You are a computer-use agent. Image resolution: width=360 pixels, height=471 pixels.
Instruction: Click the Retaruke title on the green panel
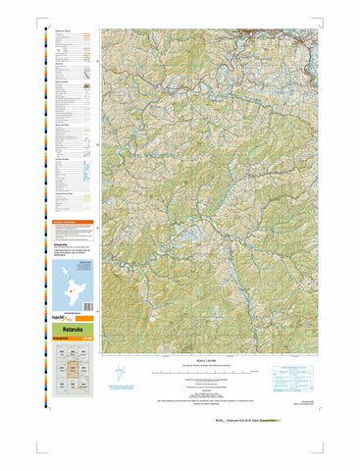[62, 332]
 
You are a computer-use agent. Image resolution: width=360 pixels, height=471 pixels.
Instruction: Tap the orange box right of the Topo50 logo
[83, 319]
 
